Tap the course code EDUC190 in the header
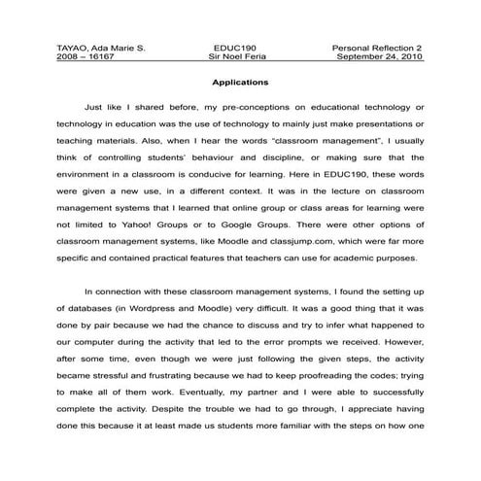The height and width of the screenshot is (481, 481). point(235,47)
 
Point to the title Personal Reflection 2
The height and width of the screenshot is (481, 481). point(382,47)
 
